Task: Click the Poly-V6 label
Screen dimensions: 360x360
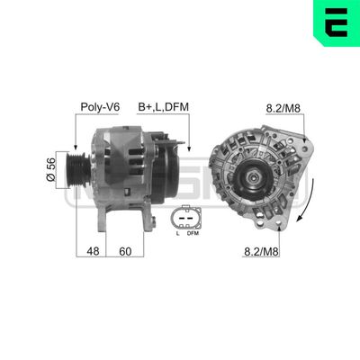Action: click(x=101, y=107)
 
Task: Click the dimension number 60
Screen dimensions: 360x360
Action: click(x=125, y=252)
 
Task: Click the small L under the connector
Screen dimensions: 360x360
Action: click(x=176, y=234)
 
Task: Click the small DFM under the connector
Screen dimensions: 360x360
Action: click(x=192, y=234)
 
